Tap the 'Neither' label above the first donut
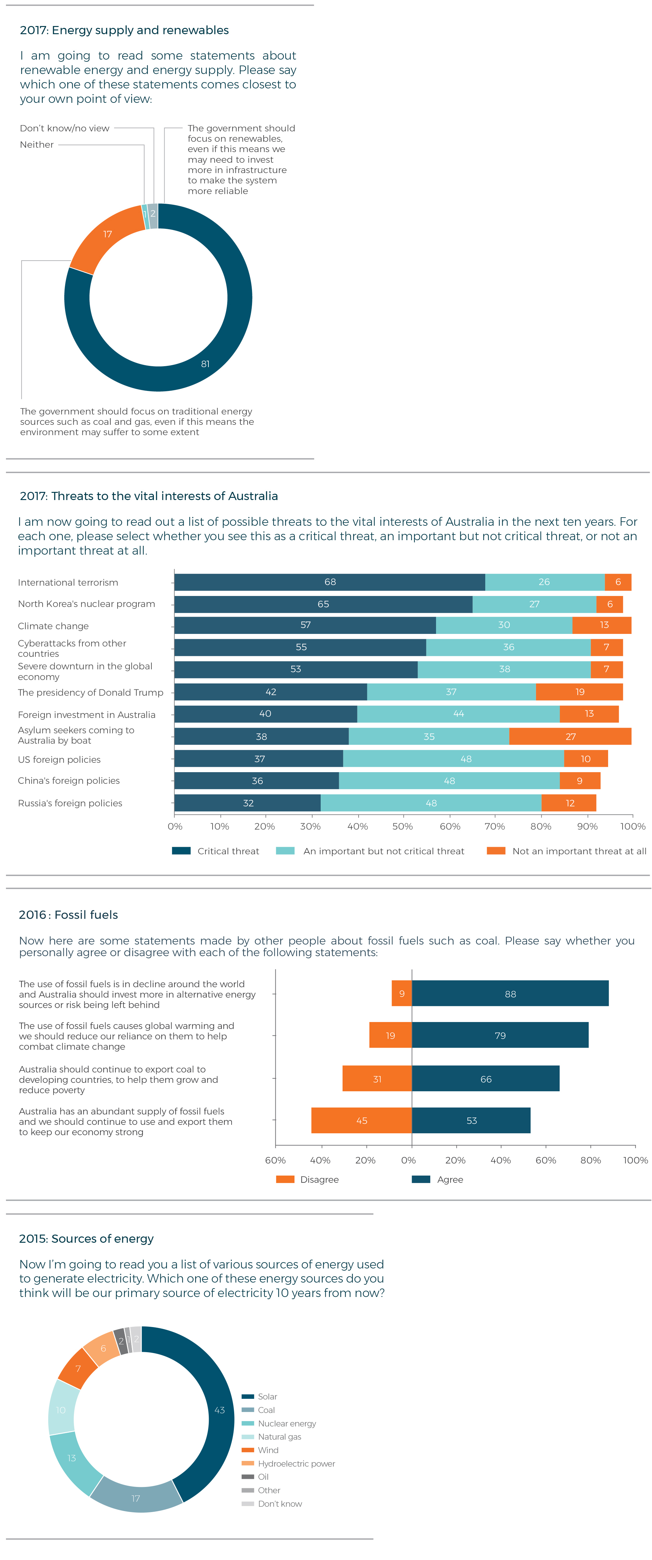37,145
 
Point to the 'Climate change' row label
53,626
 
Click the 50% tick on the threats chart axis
402,827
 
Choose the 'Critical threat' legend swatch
181,851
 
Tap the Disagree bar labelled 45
361,1120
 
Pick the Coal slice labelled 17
136,1498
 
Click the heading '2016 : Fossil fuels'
68,915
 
